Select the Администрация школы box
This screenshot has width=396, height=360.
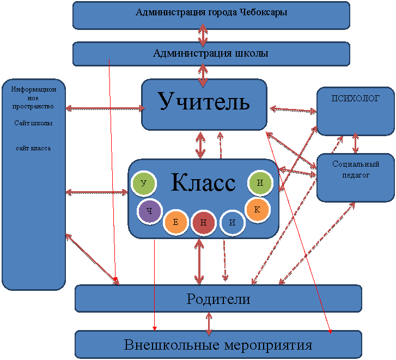[x=211, y=53]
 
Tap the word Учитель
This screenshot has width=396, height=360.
[x=204, y=101]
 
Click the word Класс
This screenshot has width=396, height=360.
[x=203, y=182]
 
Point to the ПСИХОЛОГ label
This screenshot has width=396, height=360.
[x=356, y=99]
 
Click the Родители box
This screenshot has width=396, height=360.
[x=218, y=298]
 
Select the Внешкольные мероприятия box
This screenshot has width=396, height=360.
[x=218, y=345]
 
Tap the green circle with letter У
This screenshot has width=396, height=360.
[x=143, y=184]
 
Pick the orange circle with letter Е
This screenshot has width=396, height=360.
[x=176, y=222]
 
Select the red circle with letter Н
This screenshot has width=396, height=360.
[x=203, y=223]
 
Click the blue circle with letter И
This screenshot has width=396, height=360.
[x=232, y=223]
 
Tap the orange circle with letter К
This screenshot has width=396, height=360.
[x=257, y=209]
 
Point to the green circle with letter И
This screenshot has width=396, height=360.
[x=260, y=183]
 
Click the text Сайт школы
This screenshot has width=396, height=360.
[x=33, y=123]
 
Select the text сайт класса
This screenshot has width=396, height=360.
[x=33, y=148]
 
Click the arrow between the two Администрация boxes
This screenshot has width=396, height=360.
[x=203, y=35]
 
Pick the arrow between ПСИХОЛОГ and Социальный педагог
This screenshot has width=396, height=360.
[x=356, y=143]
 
